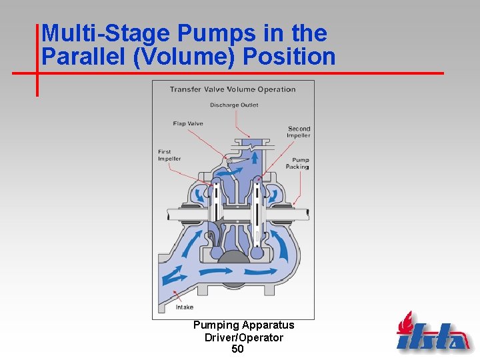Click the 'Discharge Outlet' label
[x=234, y=105]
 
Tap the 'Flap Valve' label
[x=188, y=123]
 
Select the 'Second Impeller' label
[x=299, y=132]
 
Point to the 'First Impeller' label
[x=169, y=155]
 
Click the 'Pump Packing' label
[x=300, y=163]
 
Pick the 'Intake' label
[x=185, y=307]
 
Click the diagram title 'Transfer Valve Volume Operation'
[x=233, y=89]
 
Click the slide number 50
[x=238, y=349]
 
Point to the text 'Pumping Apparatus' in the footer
[x=243, y=325]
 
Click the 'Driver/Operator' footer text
[x=243, y=337]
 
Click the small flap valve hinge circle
[x=229, y=161]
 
